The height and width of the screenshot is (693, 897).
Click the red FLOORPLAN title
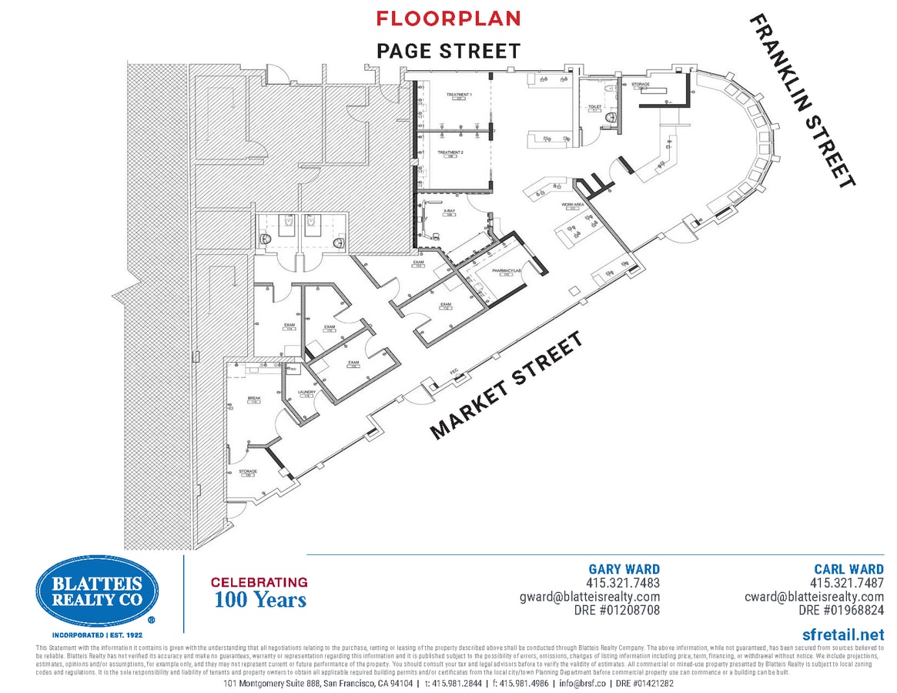[448, 18]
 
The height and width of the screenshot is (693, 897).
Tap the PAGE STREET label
[448, 51]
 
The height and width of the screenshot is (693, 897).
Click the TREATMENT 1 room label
[458, 95]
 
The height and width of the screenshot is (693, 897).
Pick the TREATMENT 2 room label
[450, 152]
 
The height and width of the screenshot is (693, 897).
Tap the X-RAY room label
[448, 210]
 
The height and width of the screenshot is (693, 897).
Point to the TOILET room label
[594, 107]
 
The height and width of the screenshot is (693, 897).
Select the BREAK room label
[254, 399]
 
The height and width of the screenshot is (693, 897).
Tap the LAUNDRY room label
[306, 393]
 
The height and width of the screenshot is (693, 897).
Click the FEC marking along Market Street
[454, 372]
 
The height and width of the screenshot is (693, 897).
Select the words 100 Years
[260, 599]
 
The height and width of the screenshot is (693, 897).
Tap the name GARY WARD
[624, 570]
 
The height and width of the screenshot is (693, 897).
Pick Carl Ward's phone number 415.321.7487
[847, 583]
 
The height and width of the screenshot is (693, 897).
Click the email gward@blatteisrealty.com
[590, 597]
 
